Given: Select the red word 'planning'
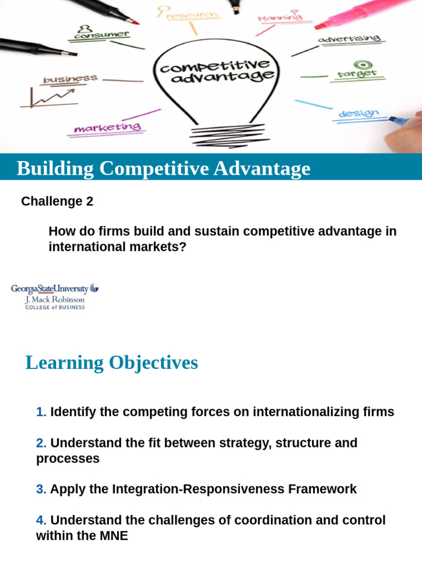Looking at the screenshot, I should tap(280, 17).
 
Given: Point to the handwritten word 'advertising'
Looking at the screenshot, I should tap(348, 39).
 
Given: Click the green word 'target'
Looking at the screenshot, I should tap(357, 74).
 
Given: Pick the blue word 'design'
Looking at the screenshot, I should tap(358, 114).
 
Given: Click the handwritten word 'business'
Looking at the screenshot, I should tap(70, 80).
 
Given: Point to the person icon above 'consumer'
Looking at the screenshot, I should tap(84, 28).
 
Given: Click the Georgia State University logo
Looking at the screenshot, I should tap(55, 296).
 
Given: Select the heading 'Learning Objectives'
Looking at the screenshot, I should tap(112, 363).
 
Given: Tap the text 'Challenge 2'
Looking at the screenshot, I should tap(57, 202).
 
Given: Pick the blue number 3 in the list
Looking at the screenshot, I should tap(41, 489).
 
